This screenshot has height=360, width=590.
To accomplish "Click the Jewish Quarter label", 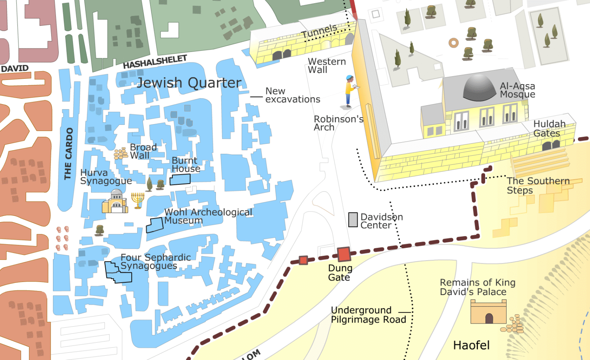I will [189, 83].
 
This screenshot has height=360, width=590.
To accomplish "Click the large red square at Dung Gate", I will [343, 254].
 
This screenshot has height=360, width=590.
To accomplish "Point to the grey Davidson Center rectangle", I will [353, 220].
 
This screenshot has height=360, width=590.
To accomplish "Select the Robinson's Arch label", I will [338, 123].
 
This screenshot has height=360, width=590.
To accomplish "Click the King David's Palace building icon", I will [489, 312].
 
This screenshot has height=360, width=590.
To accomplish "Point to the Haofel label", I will [471, 345].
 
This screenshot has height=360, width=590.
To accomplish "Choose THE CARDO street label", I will [68, 154].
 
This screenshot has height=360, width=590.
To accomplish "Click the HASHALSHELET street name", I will [155, 62].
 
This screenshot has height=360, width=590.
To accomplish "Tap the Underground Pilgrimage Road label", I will [368, 315].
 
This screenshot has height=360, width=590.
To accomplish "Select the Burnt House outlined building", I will [180, 179].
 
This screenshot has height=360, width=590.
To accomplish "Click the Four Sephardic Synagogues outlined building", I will [118, 272].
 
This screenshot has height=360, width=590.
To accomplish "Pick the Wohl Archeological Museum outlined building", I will [155, 225].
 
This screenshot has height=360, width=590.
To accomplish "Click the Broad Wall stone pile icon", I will [121, 154].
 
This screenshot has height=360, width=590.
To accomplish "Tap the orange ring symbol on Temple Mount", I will [454, 43].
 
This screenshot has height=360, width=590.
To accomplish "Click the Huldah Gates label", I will [549, 129].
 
